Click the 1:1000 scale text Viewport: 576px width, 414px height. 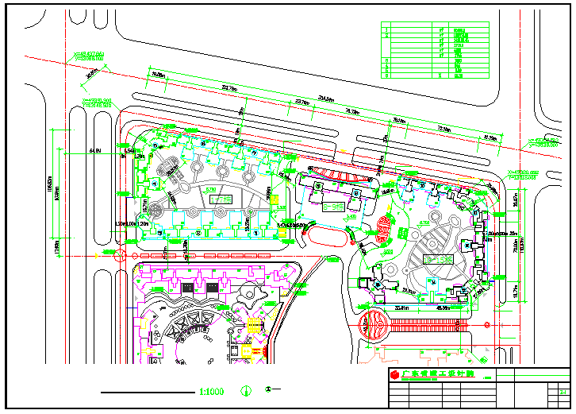212,391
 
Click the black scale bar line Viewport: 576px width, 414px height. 146,392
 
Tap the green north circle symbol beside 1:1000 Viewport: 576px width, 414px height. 246,391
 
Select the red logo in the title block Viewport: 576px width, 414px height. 394,373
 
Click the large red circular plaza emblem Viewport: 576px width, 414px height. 372,325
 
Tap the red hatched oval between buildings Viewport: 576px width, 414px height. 385,228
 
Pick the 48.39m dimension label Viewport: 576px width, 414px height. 443,307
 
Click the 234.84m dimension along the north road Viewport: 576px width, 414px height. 325,99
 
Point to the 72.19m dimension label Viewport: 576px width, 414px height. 443,128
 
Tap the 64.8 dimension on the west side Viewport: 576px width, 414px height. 95,149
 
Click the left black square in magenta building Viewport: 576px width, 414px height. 187,287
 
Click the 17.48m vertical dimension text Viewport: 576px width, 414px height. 56,248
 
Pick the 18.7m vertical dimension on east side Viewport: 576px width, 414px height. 514,292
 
